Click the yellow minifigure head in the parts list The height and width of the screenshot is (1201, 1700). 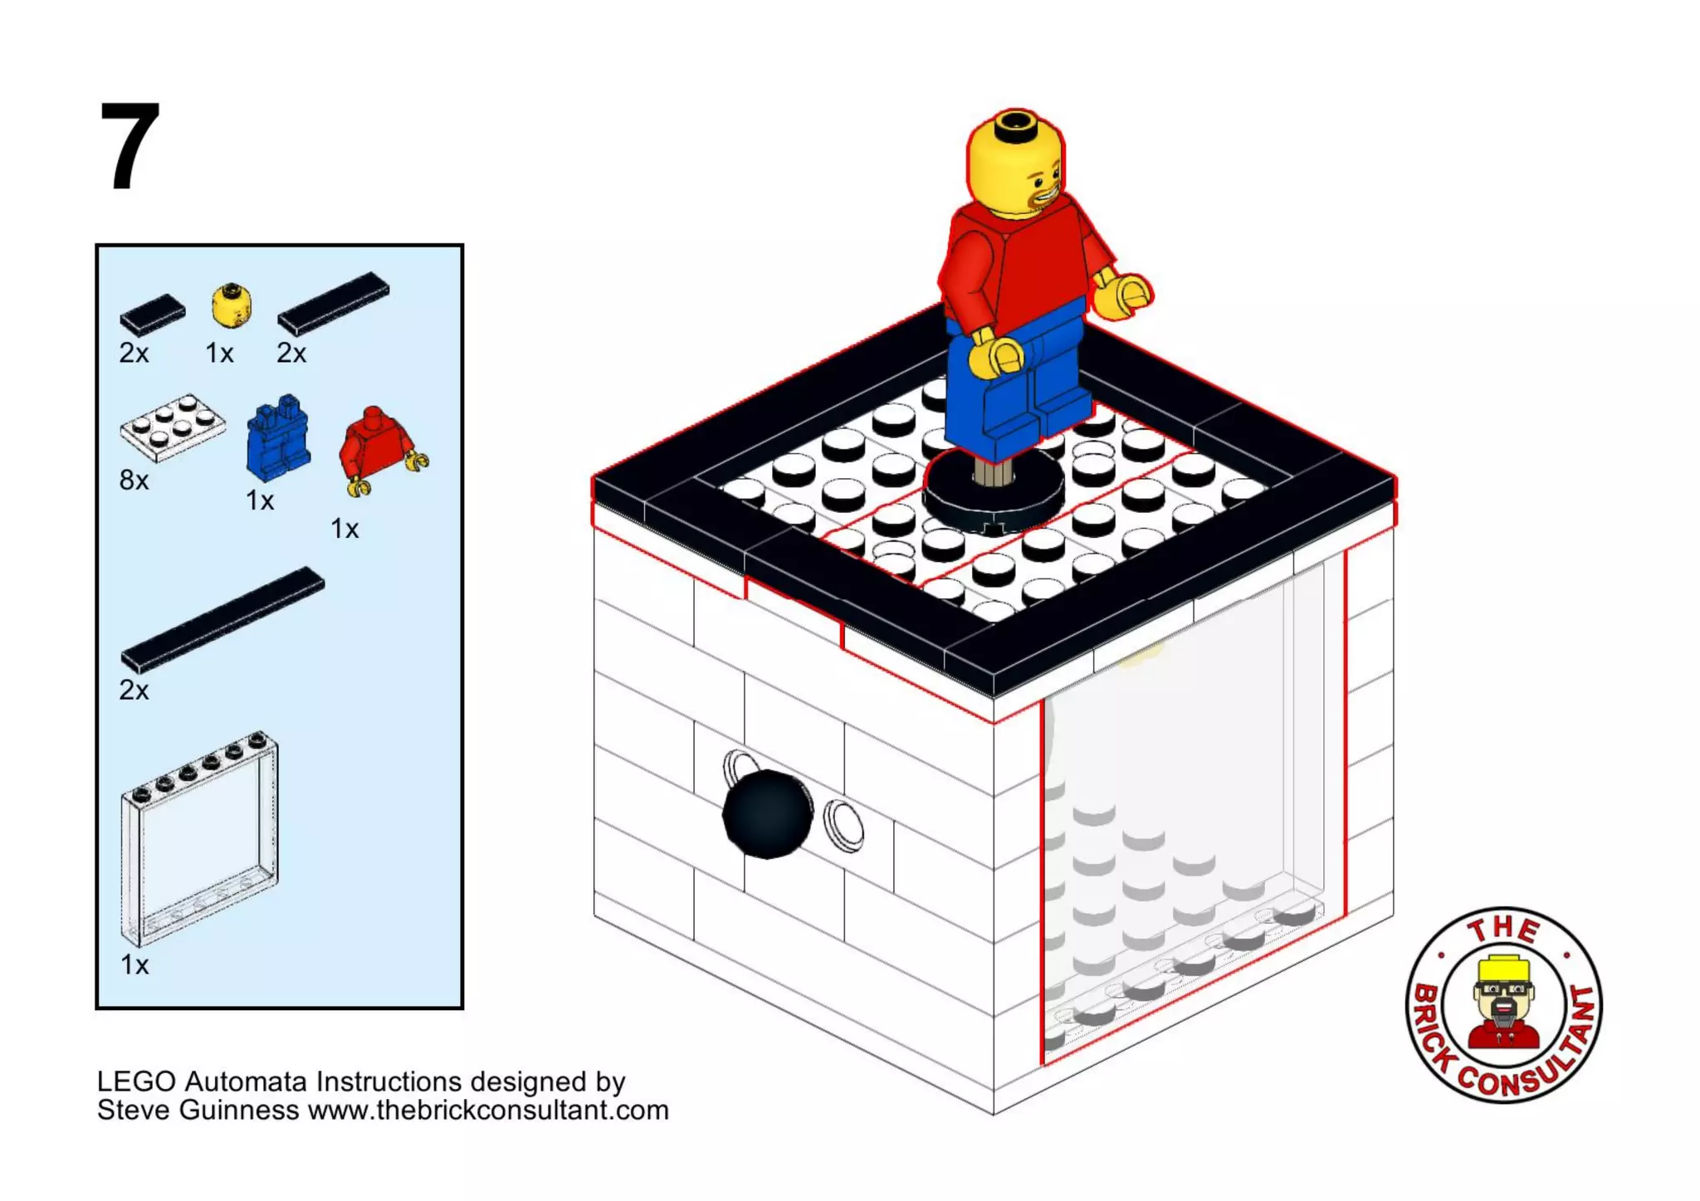[231, 305]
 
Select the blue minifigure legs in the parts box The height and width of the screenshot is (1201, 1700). [279, 438]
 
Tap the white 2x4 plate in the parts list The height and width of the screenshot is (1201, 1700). [173, 426]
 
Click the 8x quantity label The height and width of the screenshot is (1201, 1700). [134, 480]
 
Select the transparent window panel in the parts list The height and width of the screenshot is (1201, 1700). [200, 838]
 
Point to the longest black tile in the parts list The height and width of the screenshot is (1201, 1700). [222, 618]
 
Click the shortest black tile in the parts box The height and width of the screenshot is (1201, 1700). [153, 315]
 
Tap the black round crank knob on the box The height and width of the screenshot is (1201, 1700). [766, 813]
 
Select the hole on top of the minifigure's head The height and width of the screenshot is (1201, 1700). [1014, 124]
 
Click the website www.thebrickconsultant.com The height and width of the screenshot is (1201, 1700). [488, 1111]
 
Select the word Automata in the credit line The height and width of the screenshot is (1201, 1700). [247, 1081]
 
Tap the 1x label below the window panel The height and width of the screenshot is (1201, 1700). [134, 964]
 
